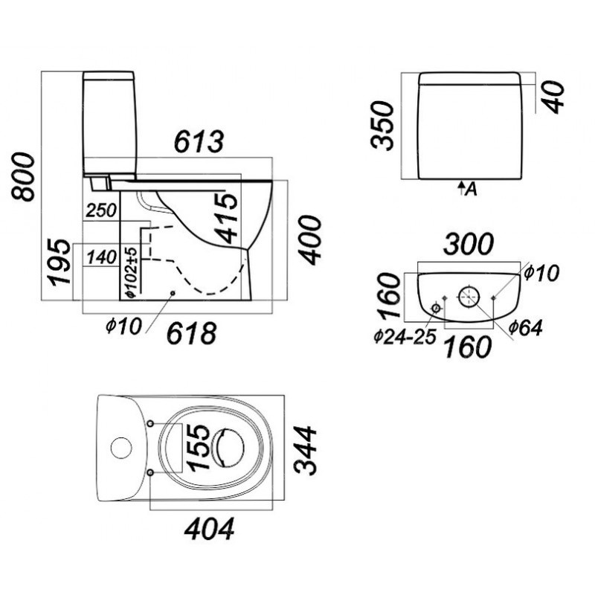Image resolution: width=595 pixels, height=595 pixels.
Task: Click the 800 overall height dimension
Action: (x=23, y=176)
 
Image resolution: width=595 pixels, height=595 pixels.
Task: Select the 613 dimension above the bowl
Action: (x=199, y=141)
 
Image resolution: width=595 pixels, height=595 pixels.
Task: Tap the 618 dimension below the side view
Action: (x=192, y=333)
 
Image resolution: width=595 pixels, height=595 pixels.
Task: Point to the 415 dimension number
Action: (x=226, y=218)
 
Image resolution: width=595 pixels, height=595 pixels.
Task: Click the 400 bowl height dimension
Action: (x=309, y=240)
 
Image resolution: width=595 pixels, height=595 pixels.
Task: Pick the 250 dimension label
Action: (x=101, y=210)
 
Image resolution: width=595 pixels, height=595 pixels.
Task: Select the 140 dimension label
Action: (x=101, y=257)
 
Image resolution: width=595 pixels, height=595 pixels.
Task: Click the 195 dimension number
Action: (x=59, y=262)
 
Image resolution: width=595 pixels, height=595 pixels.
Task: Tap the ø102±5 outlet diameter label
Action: (x=131, y=271)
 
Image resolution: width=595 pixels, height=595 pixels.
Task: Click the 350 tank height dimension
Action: (x=382, y=125)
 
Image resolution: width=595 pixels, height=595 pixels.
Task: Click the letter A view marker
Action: (x=471, y=189)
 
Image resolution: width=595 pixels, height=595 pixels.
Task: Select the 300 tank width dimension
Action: (x=469, y=245)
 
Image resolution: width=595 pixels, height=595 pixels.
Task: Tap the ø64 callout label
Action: (x=525, y=328)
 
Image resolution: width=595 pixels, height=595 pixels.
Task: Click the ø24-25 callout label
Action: (x=405, y=337)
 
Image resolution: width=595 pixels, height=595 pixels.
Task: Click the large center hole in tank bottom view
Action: (x=469, y=297)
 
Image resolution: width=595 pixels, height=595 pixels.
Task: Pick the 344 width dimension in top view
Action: (x=306, y=451)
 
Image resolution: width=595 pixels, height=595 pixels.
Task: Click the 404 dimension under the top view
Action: (x=210, y=529)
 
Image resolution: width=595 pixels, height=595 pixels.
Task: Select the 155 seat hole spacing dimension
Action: (x=199, y=448)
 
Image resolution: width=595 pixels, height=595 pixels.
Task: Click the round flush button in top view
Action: (x=121, y=448)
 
